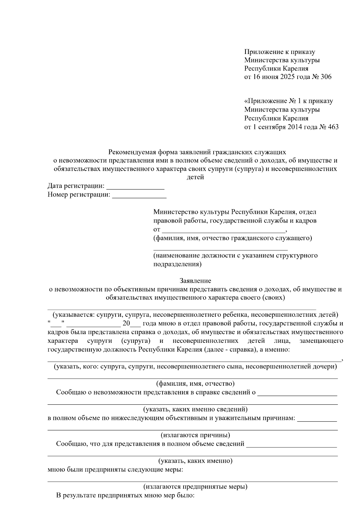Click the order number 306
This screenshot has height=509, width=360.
click(325, 77)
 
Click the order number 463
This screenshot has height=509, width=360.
click(332, 127)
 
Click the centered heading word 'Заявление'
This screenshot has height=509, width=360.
click(195, 281)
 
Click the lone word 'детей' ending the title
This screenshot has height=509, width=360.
click(195, 177)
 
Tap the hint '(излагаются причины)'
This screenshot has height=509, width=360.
click(195, 435)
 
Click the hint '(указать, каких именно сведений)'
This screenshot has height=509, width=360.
click(195, 409)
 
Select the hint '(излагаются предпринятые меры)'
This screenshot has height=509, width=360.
click(195, 486)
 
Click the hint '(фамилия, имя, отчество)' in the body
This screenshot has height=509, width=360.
click(195, 383)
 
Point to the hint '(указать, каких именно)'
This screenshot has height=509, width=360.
click(195, 460)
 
